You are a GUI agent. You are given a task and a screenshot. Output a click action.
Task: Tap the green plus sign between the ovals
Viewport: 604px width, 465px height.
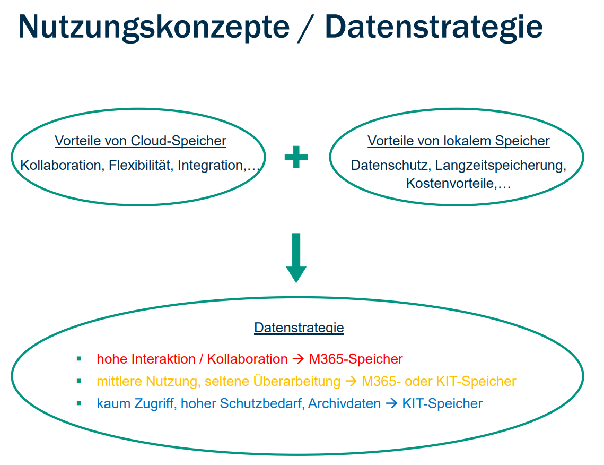296,157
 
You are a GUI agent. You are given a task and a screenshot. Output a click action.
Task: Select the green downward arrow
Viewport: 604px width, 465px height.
296,257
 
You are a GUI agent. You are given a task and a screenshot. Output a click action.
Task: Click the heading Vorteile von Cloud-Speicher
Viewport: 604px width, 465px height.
141,141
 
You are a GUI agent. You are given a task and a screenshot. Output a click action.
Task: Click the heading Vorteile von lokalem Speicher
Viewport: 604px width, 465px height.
458,141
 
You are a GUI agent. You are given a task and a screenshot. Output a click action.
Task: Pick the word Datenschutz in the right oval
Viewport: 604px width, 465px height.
391,166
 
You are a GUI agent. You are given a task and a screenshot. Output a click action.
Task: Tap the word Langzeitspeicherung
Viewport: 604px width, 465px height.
500,166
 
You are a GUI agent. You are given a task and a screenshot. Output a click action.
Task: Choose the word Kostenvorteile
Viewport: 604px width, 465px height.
450,184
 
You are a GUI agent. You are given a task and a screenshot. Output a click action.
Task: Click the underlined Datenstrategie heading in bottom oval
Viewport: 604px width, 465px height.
299,328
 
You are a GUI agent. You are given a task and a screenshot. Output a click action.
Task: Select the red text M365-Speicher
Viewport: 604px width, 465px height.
356,359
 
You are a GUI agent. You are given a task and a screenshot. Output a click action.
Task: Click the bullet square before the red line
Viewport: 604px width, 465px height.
79,359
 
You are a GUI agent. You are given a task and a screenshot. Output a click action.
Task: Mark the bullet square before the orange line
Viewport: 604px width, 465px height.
79,381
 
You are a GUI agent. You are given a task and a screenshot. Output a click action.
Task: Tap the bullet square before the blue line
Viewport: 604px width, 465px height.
79,403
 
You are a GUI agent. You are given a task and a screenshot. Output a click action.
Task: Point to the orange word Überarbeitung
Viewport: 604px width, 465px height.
297,382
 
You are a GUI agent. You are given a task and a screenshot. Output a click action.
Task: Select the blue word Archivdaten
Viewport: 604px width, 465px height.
344,404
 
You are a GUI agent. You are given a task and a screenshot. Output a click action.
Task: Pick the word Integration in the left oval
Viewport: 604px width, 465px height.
210,166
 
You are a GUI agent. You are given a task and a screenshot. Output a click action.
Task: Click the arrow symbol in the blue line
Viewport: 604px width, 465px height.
391,404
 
